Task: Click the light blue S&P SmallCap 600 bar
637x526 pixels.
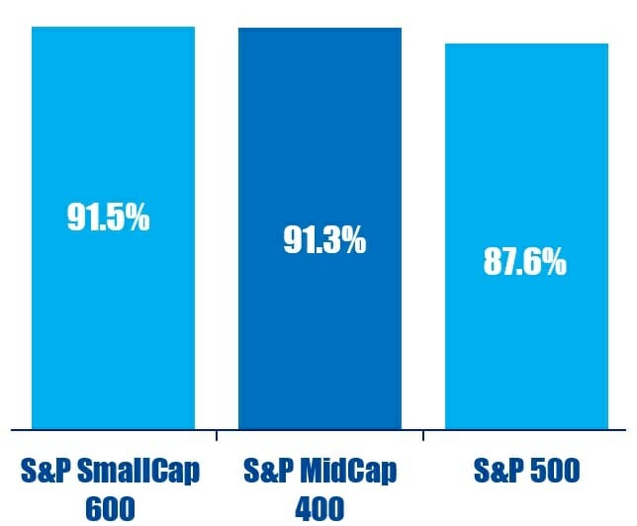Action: (113, 316)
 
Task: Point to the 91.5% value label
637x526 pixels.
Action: (109, 218)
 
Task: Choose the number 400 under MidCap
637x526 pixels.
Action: (319, 509)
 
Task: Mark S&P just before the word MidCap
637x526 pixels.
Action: (267, 471)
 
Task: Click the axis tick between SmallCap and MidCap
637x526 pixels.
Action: (217, 434)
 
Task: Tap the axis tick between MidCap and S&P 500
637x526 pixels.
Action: (423, 434)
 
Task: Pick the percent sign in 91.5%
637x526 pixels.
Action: (137, 218)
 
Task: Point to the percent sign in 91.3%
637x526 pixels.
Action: (353, 239)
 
